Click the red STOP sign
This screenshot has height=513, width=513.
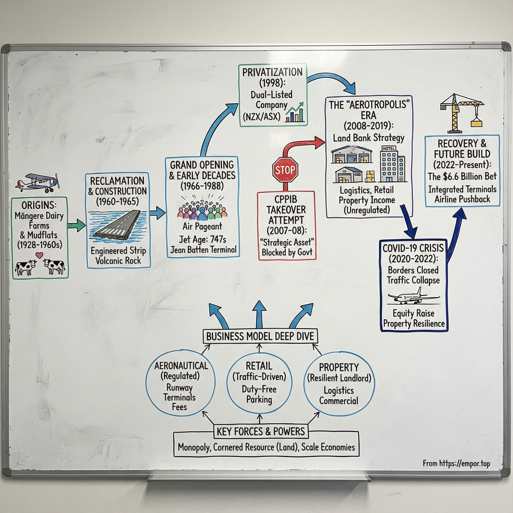coord(285,170)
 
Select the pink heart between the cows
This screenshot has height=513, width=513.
coord(39,255)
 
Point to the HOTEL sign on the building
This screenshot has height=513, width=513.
coord(389,149)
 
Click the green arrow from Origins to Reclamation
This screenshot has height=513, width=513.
coord(76,225)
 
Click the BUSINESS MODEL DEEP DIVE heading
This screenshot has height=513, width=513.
coord(260,336)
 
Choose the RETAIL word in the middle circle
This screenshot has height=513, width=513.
coord(259,366)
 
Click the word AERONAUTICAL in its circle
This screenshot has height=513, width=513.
coord(181,366)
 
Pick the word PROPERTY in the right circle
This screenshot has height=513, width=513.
coord(339,367)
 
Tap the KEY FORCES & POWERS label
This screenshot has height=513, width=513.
coord(261,432)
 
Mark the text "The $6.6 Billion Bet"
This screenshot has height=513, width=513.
coord(462,177)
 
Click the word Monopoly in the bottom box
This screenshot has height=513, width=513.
coord(194,447)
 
